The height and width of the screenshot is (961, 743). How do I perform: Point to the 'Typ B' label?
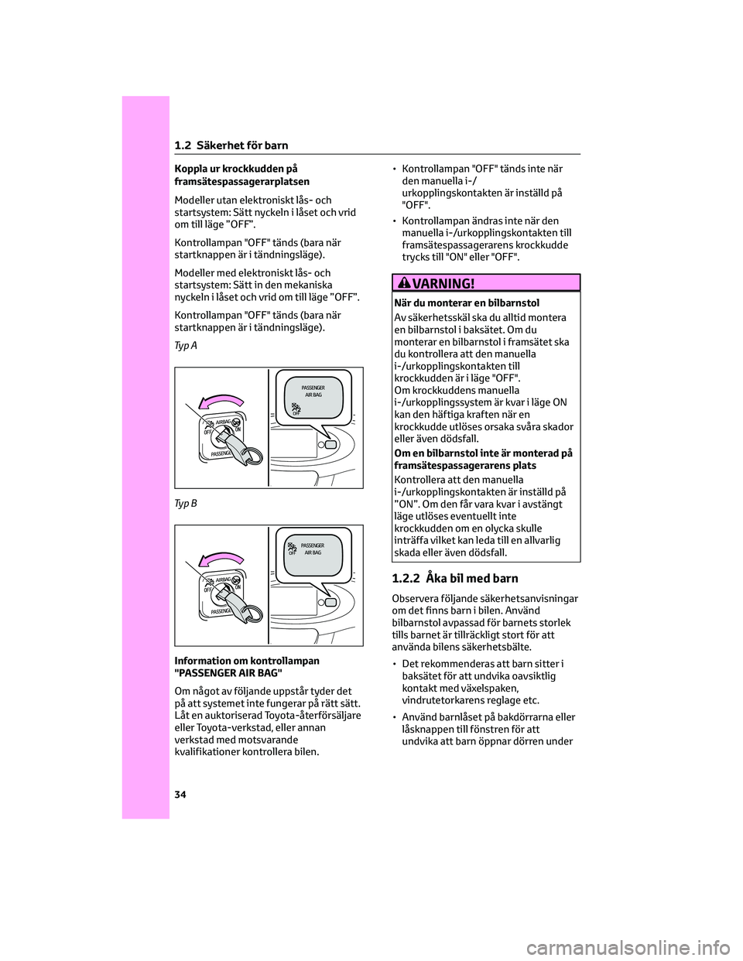186,504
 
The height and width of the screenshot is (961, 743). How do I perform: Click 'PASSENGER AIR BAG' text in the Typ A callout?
313,390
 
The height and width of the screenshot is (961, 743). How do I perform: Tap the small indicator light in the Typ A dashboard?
331,445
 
